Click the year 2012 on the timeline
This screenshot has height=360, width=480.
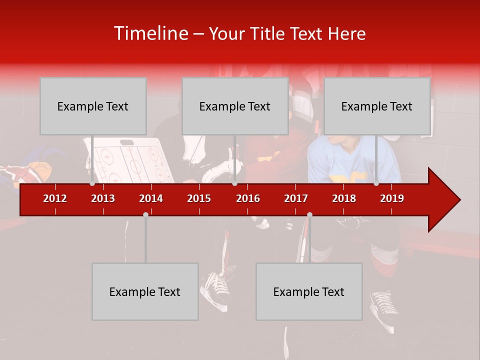pyautogui.click(x=55, y=198)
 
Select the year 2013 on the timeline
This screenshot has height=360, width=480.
pyautogui.click(x=103, y=198)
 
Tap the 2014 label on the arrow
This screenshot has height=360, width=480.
pyautogui.click(x=151, y=198)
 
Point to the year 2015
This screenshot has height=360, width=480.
pyautogui.click(x=199, y=198)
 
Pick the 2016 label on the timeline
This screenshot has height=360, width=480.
pyautogui.click(x=248, y=198)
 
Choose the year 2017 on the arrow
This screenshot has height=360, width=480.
pyautogui.click(x=296, y=198)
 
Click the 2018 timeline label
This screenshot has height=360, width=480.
pyautogui.click(x=344, y=198)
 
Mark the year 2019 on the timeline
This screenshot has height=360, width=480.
pyautogui.click(x=392, y=198)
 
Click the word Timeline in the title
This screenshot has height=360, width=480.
pyautogui.click(x=150, y=33)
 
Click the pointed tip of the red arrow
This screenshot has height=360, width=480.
pyautogui.click(x=458, y=200)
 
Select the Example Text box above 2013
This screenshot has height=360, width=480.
pyautogui.click(x=93, y=106)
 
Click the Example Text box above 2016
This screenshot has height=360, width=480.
pyautogui.click(x=235, y=106)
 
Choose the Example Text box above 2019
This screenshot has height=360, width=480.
pyautogui.click(x=377, y=106)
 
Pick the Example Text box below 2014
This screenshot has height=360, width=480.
pyautogui.click(x=145, y=291)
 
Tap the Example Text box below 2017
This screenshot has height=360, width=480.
pyautogui.click(x=309, y=291)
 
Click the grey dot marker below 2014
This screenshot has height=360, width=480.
pyautogui.click(x=145, y=214)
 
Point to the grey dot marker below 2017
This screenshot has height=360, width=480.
pyautogui.click(x=309, y=214)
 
